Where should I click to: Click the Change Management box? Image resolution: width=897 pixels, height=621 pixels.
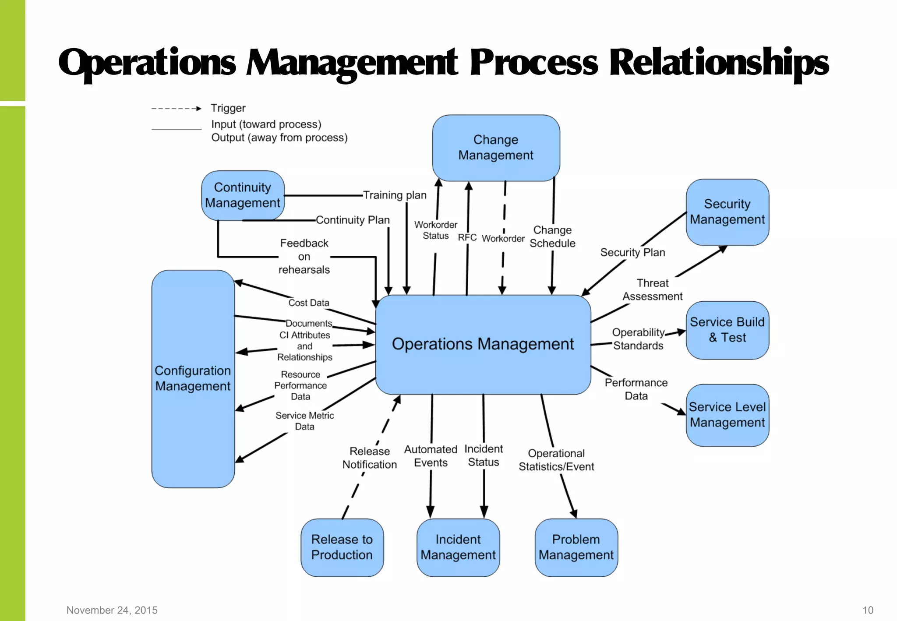point(496,148)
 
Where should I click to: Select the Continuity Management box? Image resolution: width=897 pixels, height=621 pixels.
point(243,195)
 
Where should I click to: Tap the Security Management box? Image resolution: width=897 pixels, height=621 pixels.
point(727,212)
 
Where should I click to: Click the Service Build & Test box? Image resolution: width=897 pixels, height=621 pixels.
point(727,330)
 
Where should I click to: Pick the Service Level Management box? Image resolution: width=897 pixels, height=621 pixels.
point(727,415)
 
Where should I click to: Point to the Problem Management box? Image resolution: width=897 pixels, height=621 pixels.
point(576,547)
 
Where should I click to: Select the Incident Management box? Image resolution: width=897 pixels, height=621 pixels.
point(458,547)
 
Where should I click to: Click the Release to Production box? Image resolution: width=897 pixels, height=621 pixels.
point(342,547)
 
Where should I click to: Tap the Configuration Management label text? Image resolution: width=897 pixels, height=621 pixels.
point(193,378)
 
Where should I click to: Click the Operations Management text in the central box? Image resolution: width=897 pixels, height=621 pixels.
point(483,344)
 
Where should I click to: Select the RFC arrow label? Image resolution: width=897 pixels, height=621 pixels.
point(467,237)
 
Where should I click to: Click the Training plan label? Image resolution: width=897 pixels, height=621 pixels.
point(395,195)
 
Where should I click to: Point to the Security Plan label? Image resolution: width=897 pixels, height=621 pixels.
point(632,253)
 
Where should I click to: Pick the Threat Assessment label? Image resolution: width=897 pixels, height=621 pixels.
point(653,290)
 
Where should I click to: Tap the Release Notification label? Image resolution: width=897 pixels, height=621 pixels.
point(370,458)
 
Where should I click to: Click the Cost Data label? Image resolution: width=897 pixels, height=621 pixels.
point(309,303)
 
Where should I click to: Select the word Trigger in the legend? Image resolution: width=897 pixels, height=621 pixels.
point(228,108)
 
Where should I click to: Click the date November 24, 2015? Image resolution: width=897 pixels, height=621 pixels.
point(112,610)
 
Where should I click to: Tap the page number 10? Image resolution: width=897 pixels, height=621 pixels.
point(868,610)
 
